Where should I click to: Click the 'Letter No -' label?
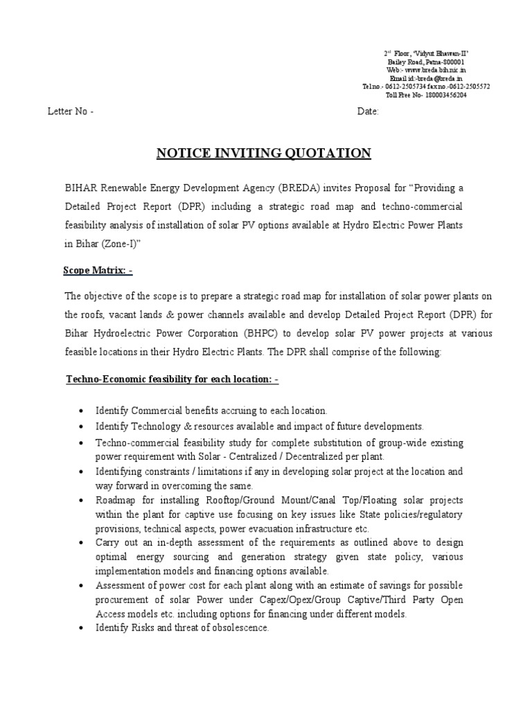click(71, 112)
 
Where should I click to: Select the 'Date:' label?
click(368, 112)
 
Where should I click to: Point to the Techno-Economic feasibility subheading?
click(172, 379)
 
